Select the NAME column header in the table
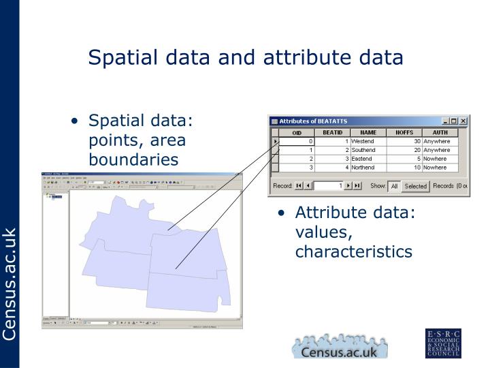pos(367,132)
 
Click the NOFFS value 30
pos(416,141)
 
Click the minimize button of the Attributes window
pos(444,121)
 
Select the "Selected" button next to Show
pos(415,185)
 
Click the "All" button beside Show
pos(394,185)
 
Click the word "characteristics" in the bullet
pos(353,251)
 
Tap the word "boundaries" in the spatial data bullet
pos(133,159)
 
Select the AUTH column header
pos(440,132)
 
